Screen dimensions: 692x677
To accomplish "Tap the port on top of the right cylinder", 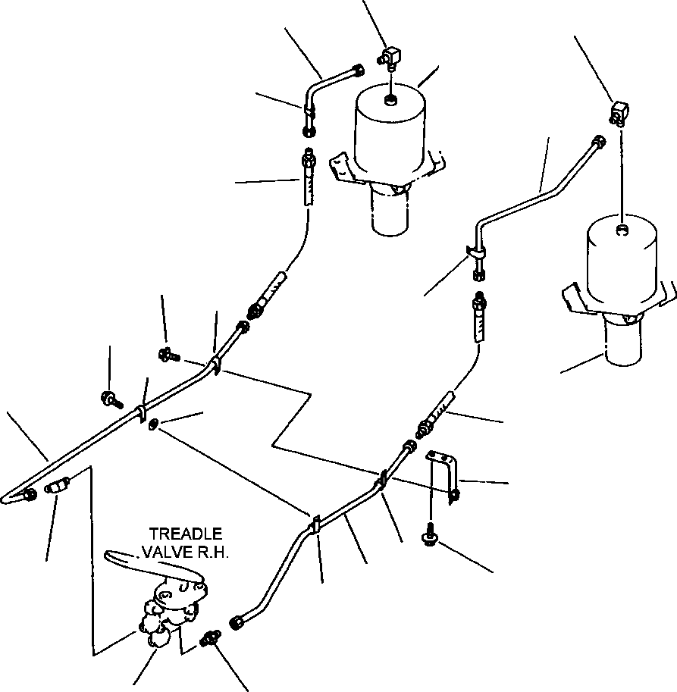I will point(622,230).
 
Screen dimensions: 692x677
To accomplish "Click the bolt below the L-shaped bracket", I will point(430,537).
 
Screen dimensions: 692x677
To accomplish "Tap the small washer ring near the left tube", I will point(153,424).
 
